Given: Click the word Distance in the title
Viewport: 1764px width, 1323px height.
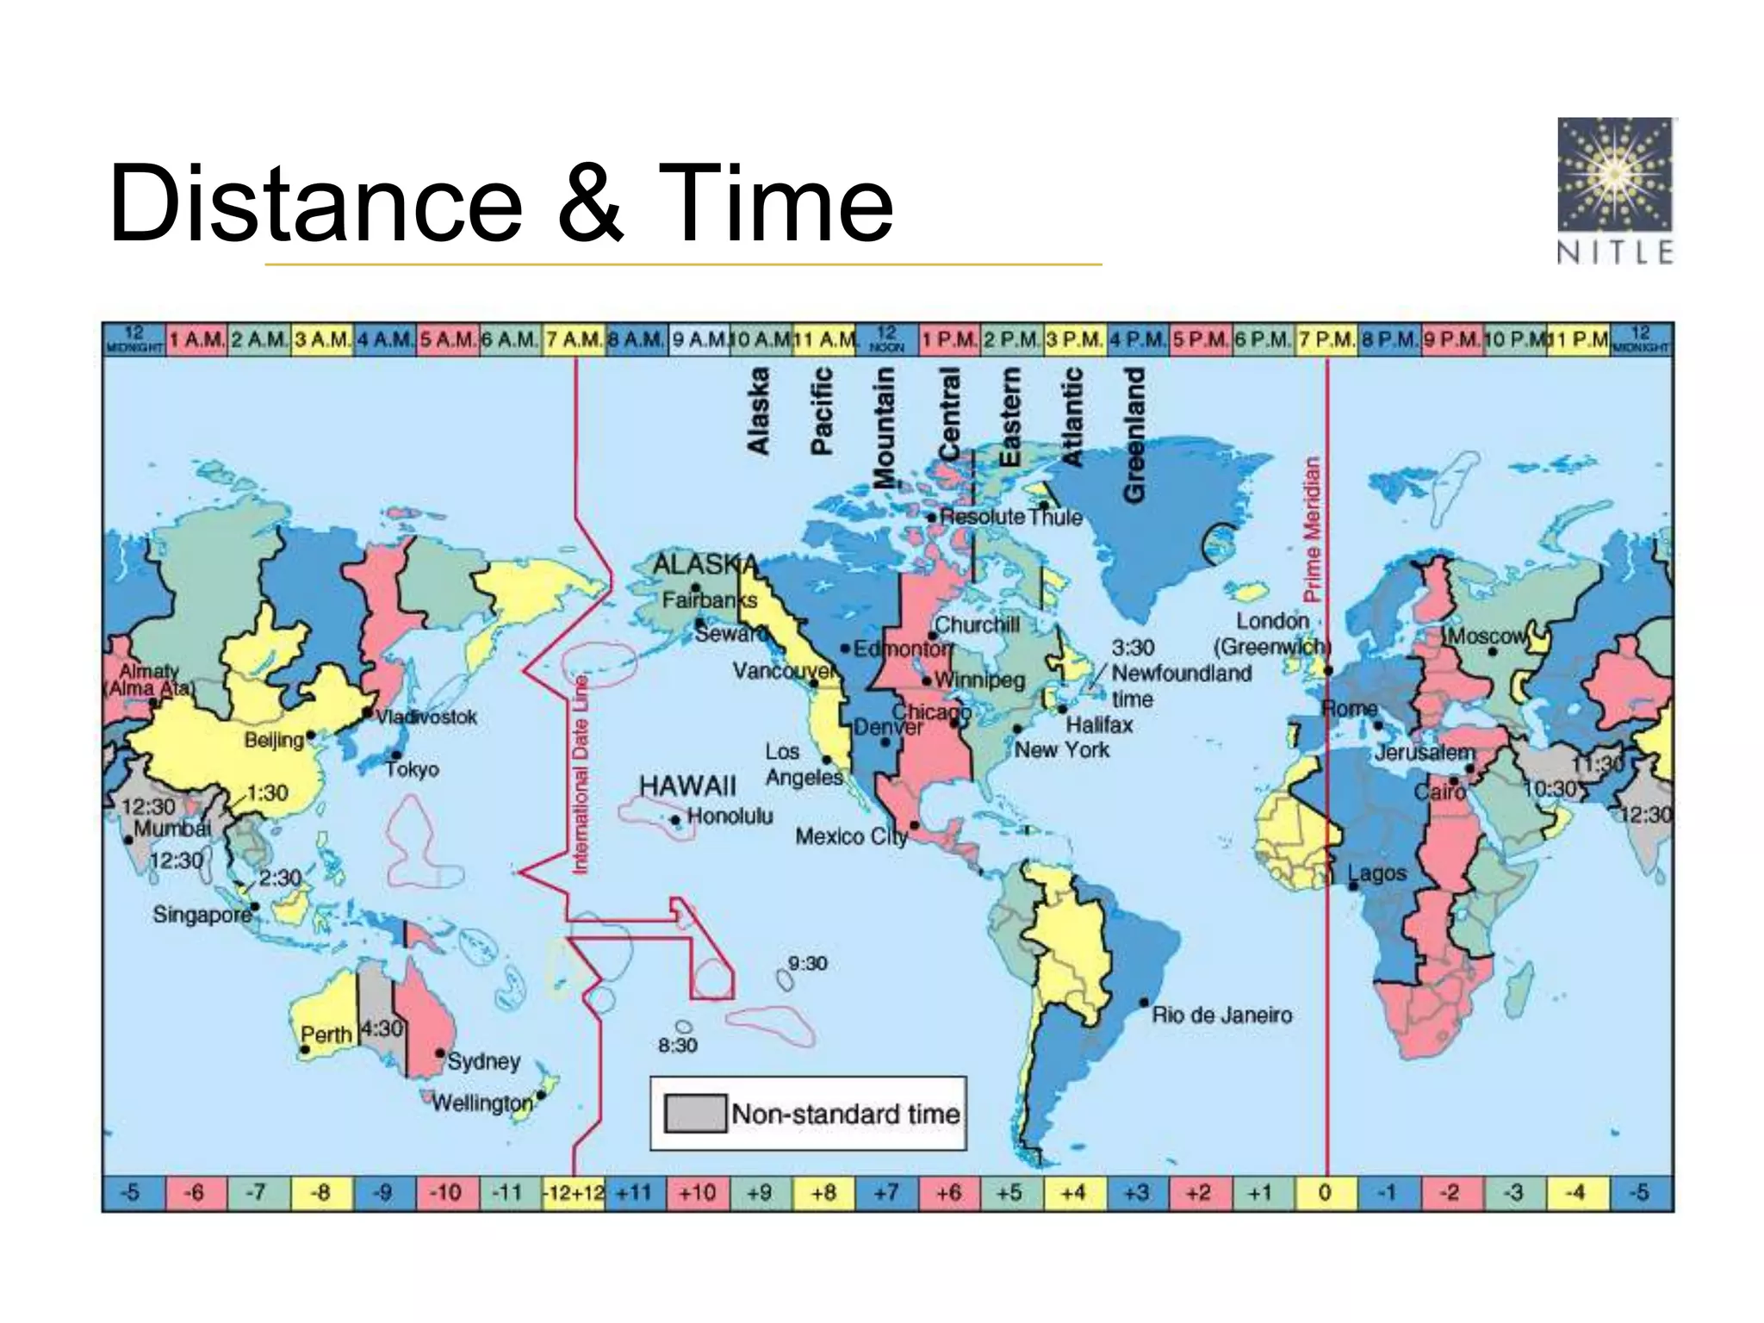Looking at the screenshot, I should pos(315,204).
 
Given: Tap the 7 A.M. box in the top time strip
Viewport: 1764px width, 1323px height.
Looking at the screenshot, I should pos(575,339).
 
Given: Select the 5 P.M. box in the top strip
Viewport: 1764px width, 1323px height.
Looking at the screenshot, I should pos(1201,339).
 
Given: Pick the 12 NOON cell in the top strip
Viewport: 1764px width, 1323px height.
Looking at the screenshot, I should pos(887,339).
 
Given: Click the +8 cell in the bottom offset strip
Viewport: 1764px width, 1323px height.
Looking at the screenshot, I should pos(823,1193).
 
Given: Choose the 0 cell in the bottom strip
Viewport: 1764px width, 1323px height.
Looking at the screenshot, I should pos(1326,1193).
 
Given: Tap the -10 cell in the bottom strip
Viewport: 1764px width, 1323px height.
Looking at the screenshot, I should pos(446,1193).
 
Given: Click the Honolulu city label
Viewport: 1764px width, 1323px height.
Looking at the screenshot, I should pos(730,816).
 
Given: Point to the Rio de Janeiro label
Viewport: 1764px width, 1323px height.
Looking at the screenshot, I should pos(1221,1015).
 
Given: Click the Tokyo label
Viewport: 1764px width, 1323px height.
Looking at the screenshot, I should pos(413,768).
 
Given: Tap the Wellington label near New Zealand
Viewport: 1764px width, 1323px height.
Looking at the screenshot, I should pos(481,1102).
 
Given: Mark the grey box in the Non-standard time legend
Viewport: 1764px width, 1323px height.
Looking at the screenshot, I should pos(695,1114).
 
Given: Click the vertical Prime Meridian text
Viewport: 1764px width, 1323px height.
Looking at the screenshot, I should pos(1311,529).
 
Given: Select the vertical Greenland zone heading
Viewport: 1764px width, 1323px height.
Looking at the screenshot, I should pos(1134,435).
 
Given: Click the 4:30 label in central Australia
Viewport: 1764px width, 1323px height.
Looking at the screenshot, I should pos(382,1028).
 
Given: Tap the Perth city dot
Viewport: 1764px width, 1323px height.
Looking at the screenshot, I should pos(305,1050).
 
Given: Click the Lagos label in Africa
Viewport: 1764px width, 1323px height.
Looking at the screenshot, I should pos(1377,873).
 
